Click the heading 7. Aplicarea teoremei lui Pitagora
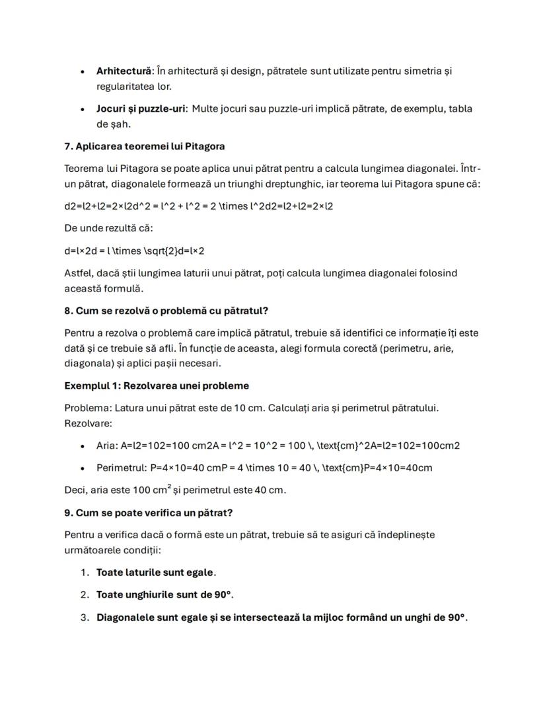pyautogui.click(x=145, y=146)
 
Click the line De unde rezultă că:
pyautogui.click(x=108, y=228)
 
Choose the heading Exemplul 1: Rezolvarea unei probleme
pyautogui.click(x=157, y=385)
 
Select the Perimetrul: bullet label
pyautogui.click(x=121, y=468)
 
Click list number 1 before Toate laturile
pyautogui.click(x=84, y=572)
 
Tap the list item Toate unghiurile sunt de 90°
pyautogui.click(x=164, y=595)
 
